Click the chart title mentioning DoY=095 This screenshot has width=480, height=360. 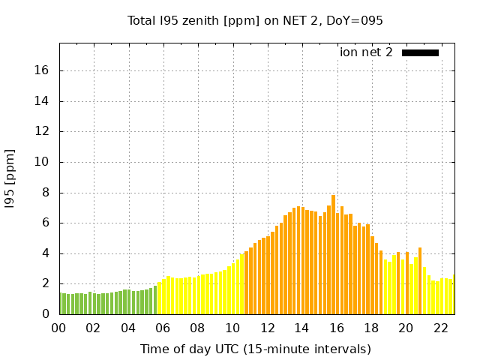tap(255, 21)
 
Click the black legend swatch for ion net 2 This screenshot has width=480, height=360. tap(420, 52)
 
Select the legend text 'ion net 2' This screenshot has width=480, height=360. tap(366, 52)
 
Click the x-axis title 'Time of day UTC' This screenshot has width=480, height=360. tap(255, 349)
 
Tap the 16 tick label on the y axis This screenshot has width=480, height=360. tap(43, 70)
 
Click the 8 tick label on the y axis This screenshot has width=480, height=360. tap(46, 193)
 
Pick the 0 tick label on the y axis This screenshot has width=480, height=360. tap(46, 314)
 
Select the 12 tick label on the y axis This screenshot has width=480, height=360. tap(43, 131)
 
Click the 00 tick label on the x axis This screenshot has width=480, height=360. tap(59, 328)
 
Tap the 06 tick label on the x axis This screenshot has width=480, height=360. tap(163, 328)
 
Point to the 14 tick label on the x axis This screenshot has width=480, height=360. tap(301, 328)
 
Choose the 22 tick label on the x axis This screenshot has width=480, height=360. tap(440, 328)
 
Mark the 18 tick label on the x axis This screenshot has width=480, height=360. tap(370, 328)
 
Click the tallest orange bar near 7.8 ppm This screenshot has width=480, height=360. tap(333, 255)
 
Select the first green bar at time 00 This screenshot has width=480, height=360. tap(62, 304)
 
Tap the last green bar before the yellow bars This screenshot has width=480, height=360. tap(155, 300)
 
